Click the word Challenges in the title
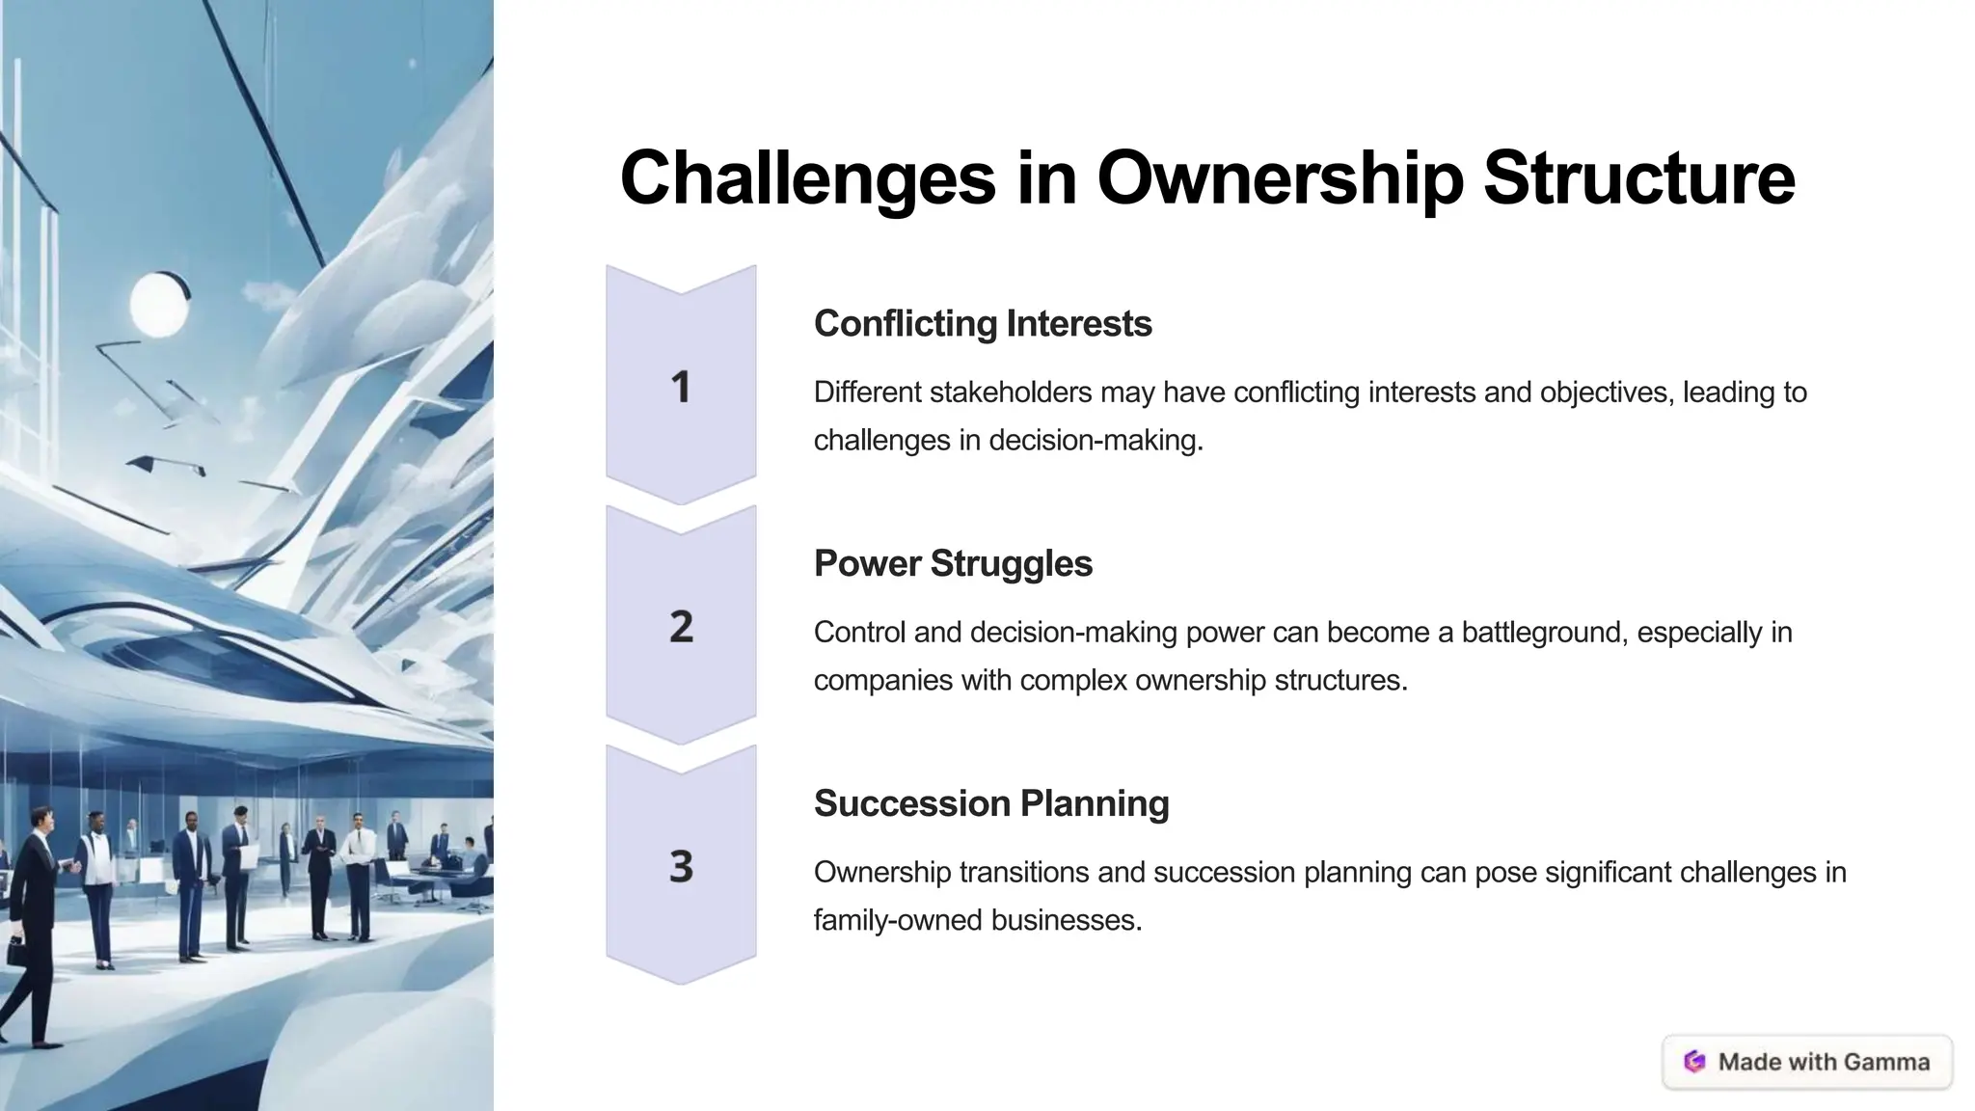[x=806, y=178]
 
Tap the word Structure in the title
[x=1638, y=178]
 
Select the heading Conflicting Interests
[x=982, y=323]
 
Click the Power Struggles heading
[x=953, y=563]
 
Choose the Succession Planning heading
[x=990, y=803]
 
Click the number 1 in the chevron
[x=681, y=387]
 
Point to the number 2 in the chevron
[x=681, y=627]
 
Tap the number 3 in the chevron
[x=681, y=866]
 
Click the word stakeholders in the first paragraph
[x=1011, y=393]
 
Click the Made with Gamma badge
[x=1807, y=1062]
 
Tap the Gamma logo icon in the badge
[x=1694, y=1062]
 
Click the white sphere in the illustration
[x=158, y=305]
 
